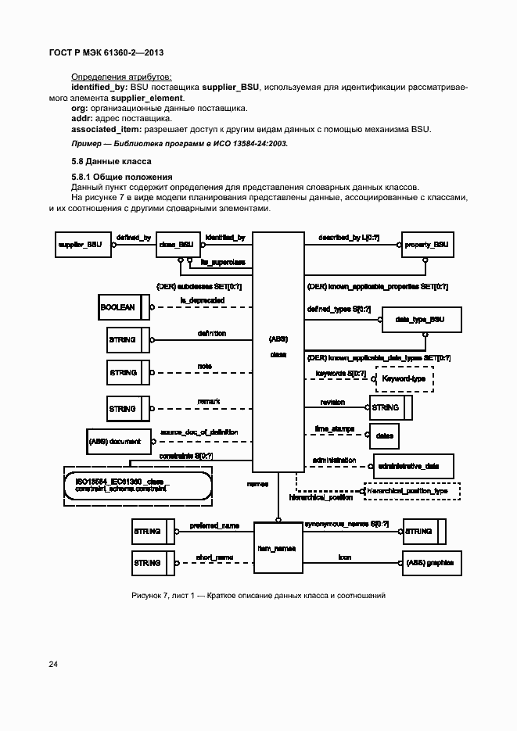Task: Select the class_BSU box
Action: [176, 245]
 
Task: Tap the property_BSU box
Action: [427, 245]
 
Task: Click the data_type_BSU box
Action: [421, 320]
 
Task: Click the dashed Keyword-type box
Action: [404, 378]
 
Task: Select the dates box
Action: [384, 435]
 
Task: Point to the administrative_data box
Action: [414, 466]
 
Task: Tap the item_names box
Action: [277, 548]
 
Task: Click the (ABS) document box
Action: [116, 442]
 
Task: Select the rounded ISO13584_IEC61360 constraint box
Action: [138, 485]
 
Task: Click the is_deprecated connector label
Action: [203, 300]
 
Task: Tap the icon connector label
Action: [344, 557]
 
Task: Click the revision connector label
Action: [333, 402]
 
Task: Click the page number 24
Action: [53, 665]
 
